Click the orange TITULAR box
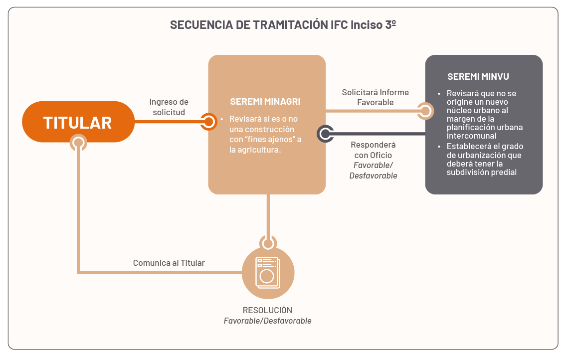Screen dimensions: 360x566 [x=78, y=122]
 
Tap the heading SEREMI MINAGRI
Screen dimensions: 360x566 [x=265, y=102]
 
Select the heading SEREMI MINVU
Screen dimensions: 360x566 [x=478, y=76]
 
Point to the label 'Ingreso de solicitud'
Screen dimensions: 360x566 [x=169, y=107]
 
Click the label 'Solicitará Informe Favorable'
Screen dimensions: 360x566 [x=375, y=97]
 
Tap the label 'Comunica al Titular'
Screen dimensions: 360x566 [x=169, y=263]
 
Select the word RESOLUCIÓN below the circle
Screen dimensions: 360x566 [x=267, y=310]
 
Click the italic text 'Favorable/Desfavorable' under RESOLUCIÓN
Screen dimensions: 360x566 [x=267, y=321]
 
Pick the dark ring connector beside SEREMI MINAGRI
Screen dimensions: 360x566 [x=325, y=134]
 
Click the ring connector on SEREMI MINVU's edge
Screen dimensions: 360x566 [x=425, y=111]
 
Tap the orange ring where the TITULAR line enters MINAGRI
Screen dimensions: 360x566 [x=208, y=122]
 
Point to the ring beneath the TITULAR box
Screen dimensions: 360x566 [x=78, y=143]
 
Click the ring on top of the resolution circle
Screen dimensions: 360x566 [x=268, y=244]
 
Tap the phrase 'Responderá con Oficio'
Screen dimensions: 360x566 [x=373, y=150]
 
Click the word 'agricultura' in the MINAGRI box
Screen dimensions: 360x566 [x=260, y=150]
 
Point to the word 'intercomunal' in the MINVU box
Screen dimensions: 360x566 [x=471, y=136]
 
